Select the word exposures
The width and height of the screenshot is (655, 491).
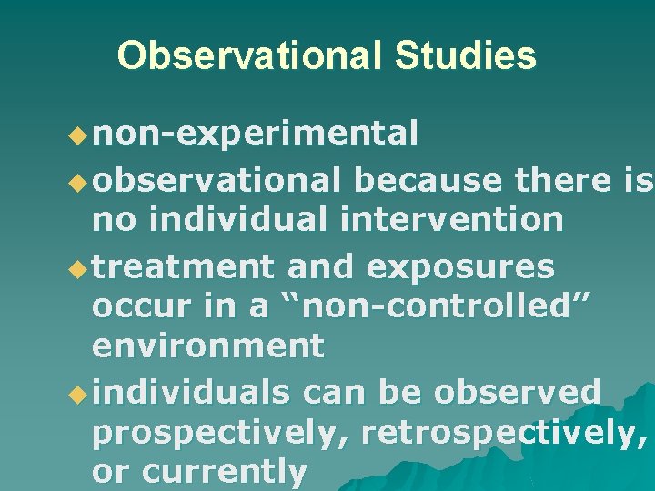coord(458,266)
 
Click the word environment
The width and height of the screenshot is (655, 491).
coord(208,346)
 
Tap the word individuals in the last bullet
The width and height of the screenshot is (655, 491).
coord(191,393)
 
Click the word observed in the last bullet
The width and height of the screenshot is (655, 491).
coord(517,393)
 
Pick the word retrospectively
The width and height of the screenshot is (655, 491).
coord(504,434)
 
